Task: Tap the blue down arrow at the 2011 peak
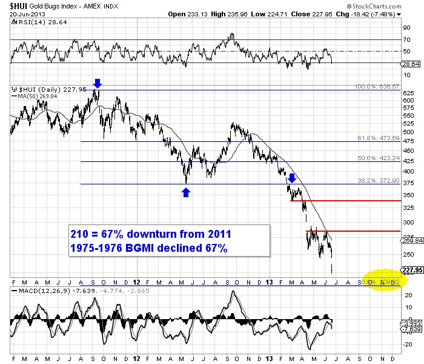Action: pos(98,83)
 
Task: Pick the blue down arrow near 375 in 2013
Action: pos(291,177)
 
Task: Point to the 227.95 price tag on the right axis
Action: pos(408,271)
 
